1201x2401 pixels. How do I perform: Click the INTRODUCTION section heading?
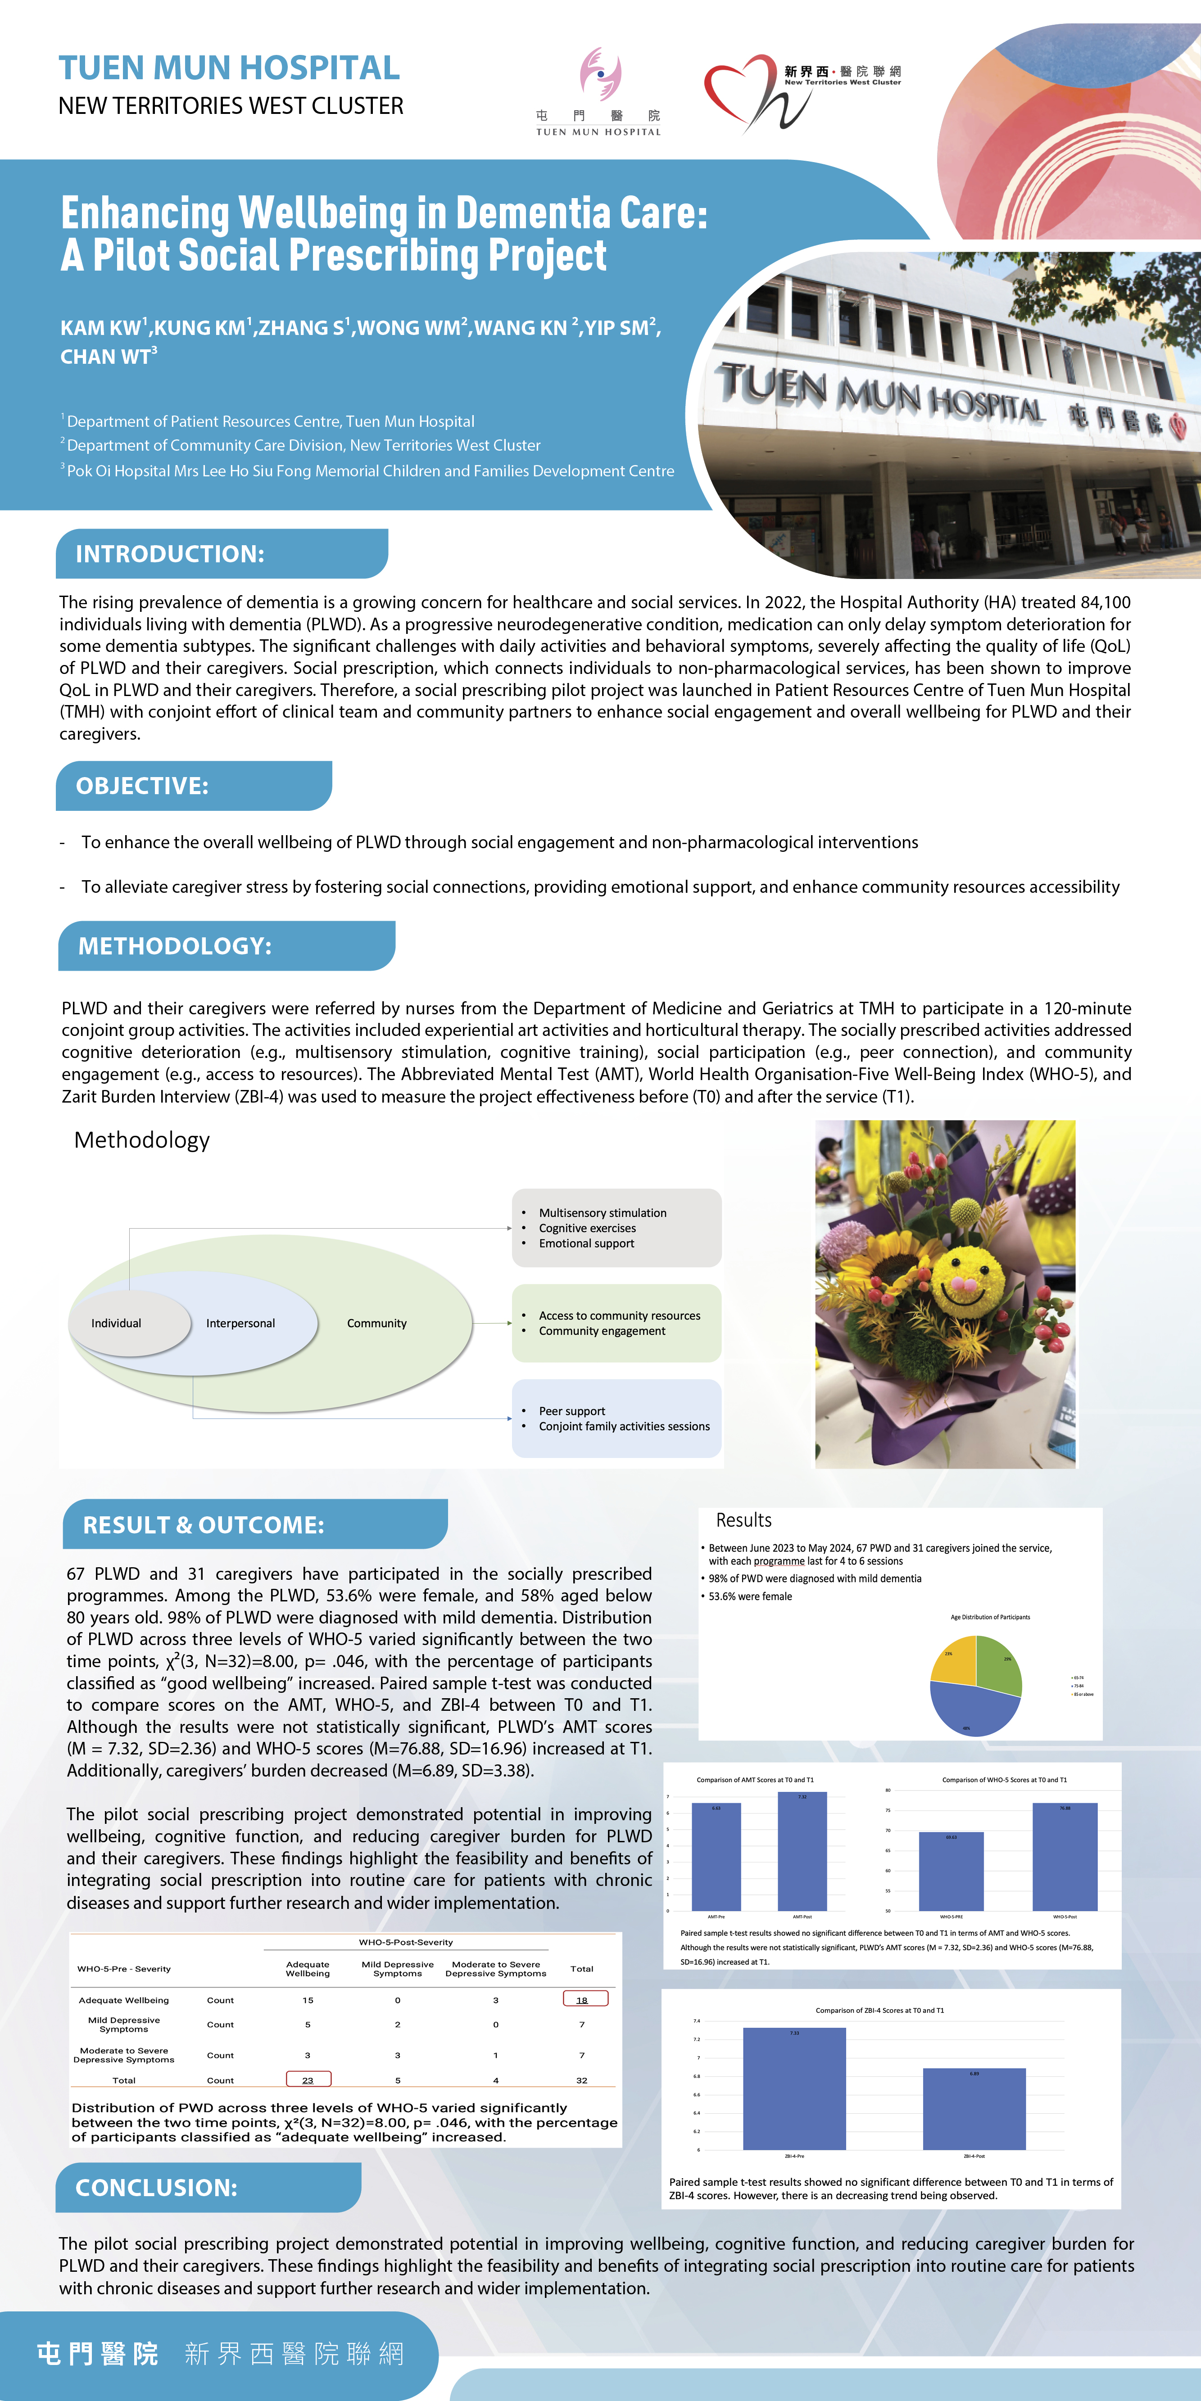(x=170, y=554)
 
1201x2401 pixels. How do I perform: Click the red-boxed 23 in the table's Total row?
(x=308, y=2080)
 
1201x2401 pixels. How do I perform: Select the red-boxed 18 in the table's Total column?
(x=585, y=1999)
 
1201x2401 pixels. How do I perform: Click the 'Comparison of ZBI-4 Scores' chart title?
(x=879, y=2011)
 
